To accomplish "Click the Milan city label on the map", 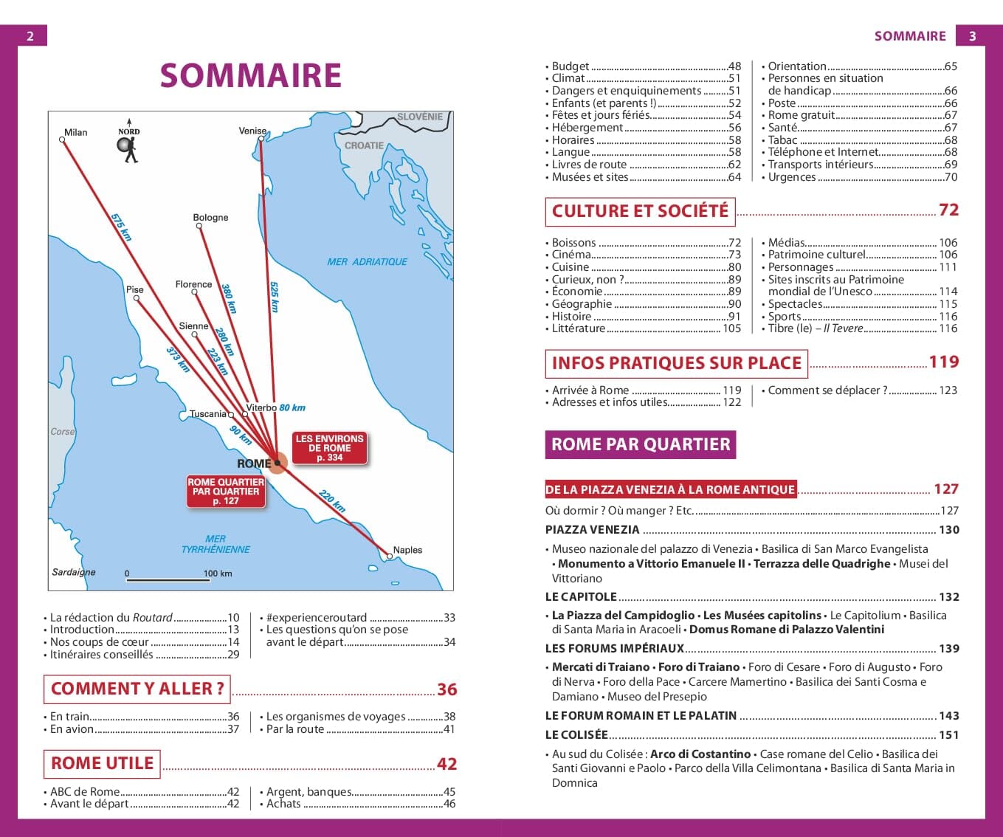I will [x=75, y=133].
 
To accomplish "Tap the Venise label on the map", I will [x=252, y=131].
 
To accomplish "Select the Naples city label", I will [x=407, y=550].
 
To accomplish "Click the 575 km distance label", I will [x=121, y=227].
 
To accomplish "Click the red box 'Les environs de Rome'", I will [x=329, y=448].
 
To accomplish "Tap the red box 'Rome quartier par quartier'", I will [x=226, y=492].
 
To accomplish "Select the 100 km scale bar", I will [x=168, y=579].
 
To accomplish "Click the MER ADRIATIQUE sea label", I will [x=367, y=262].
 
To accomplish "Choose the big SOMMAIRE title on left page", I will [x=250, y=76].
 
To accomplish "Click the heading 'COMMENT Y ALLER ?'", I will [x=137, y=689].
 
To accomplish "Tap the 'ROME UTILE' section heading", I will [x=102, y=763].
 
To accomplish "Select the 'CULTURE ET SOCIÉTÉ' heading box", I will [x=640, y=211].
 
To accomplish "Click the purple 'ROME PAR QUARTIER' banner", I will [x=640, y=444].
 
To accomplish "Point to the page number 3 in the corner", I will [x=972, y=36].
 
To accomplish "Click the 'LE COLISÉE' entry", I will [x=576, y=735].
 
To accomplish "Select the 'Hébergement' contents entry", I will [x=587, y=128].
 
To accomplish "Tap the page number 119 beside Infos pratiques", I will [x=943, y=362].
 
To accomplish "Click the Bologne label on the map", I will [x=210, y=218].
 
